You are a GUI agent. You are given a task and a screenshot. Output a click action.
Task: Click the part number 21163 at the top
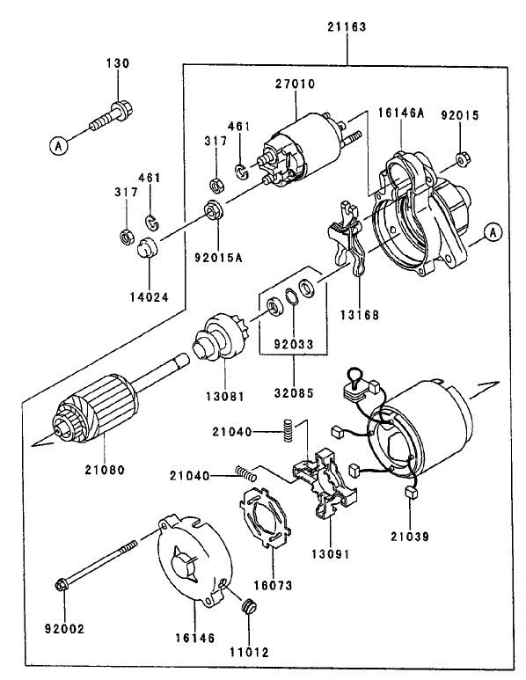pos(347,27)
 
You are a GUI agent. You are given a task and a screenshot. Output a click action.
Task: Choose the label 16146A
pos(401,113)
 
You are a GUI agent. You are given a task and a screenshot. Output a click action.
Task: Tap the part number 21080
pos(105,470)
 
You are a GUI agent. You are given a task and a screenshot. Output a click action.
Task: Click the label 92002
pos(65,629)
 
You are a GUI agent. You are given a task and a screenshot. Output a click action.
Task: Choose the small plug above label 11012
pos(248,607)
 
